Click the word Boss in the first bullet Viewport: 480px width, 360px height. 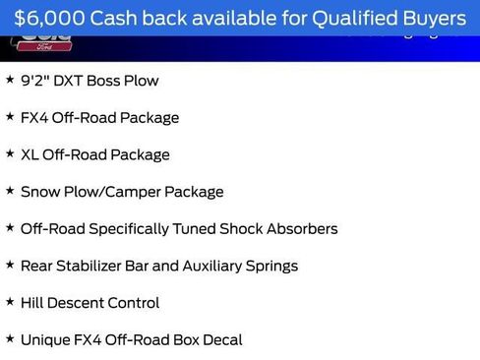click(x=108, y=81)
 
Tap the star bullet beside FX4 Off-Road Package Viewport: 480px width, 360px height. click(x=10, y=117)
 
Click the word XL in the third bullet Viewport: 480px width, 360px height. click(x=30, y=154)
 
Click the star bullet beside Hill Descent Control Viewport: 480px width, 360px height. click(x=10, y=302)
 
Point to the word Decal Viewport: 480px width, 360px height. click(x=221, y=340)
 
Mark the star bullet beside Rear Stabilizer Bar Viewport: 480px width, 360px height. click(x=10, y=266)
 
